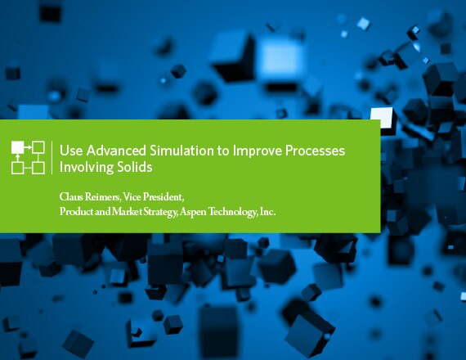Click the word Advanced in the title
[116, 151]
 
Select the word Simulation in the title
[181, 151]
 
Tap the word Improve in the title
[258, 151]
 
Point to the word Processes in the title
[315, 151]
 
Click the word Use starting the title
[71, 151]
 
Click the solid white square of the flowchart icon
[17, 147]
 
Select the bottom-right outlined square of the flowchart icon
[38, 168]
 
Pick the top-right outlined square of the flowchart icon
[38, 147]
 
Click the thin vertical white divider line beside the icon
[52, 157]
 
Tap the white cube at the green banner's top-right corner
[383, 118]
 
